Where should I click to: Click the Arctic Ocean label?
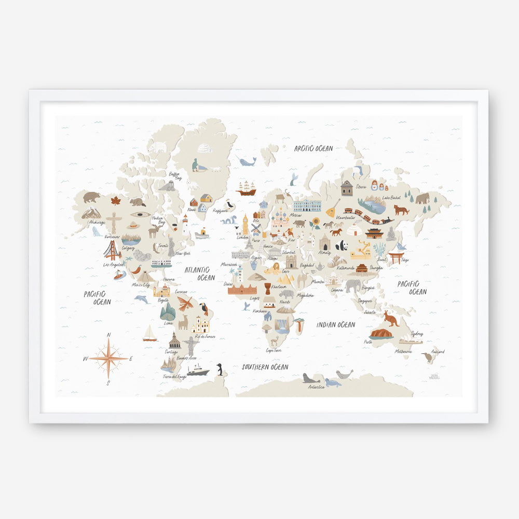coord(313,148)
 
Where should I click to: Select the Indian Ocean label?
coord(336,325)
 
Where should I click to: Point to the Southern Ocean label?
coord(265,367)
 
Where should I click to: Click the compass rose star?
coord(108,358)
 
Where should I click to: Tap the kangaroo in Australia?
coord(391,318)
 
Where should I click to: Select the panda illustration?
coord(341,245)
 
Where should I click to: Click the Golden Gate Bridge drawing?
coord(112,251)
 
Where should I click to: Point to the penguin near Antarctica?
coord(220,369)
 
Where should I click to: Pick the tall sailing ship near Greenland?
coord(246,188)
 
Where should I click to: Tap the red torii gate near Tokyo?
coord(397,257)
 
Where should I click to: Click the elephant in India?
coord(353,285)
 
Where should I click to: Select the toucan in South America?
coord(204,309)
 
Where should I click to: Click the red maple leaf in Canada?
coord(115,201)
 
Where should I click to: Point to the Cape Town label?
coord(274,350)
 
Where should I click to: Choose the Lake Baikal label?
coord(392,198)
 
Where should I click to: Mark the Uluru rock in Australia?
coord(381,334)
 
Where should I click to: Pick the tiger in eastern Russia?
coord(401,210)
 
